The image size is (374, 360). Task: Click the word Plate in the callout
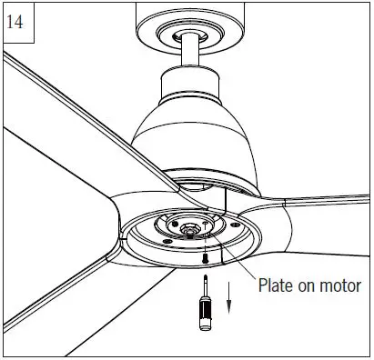click(277, 286)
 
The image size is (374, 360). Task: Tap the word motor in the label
click(340, 286)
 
